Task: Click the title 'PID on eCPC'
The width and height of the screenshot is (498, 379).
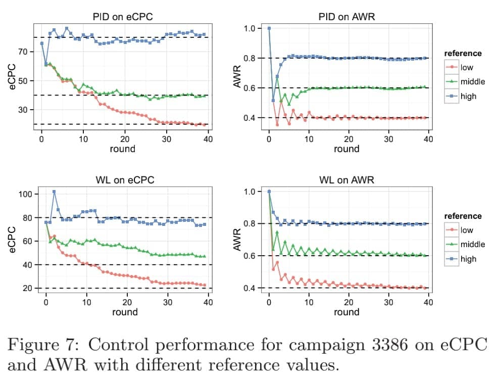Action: click(x=123, y=17)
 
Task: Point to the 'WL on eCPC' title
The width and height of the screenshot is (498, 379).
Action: click(x=125, y=180)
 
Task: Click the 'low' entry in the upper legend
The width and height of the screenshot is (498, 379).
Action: click(x=467, y=67)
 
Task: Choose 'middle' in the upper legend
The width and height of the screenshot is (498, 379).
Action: click(x=472, y=81)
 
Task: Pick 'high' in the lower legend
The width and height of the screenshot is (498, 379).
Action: click(x=468, y=259)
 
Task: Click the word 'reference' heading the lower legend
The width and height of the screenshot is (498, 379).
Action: click(x=463, y=216)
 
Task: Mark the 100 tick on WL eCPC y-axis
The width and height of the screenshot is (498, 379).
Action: click(x=25, y=194)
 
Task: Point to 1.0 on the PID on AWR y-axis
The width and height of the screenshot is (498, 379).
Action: click(x=250, y=28)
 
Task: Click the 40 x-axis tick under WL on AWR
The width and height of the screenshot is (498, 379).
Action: click(x=428, y=302)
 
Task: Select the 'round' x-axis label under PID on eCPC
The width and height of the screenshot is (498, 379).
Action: click(x=123, y=149)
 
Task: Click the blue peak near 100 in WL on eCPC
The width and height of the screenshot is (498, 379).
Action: click(x=54, y=192)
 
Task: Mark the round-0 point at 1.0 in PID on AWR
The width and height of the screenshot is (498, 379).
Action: click(x=269, y=28)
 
